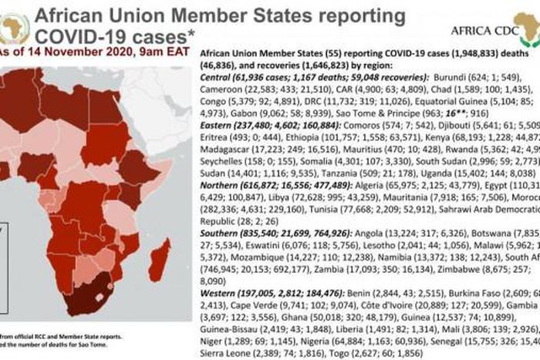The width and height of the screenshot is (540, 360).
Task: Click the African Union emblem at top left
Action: [15, 27]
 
